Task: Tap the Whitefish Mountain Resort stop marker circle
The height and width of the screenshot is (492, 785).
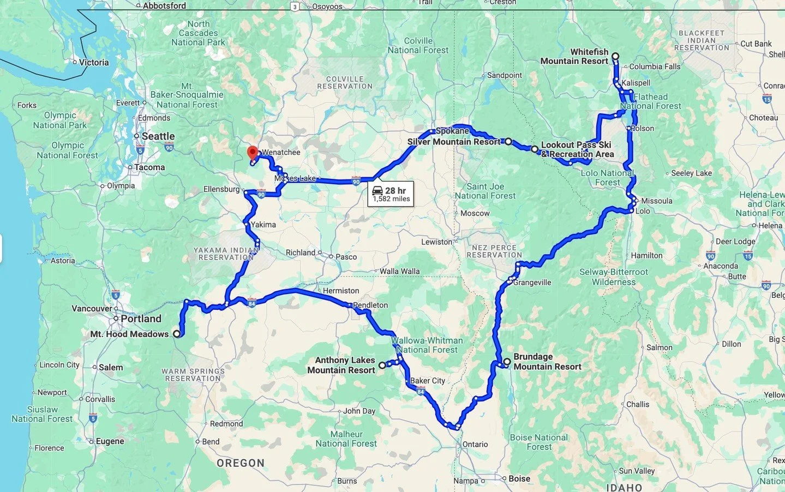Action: coord(615,56)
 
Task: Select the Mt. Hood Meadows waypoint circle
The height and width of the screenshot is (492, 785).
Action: coord(177,334)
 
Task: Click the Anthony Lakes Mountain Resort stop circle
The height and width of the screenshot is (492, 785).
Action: coord(382,365)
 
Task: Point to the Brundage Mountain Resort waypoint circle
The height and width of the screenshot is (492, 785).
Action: coord(507,362)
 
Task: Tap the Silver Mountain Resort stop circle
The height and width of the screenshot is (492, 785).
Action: coord(508,141)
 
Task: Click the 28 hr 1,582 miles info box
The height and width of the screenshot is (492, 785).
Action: coord(391,194)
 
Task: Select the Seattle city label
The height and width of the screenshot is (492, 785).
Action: coord(158,136)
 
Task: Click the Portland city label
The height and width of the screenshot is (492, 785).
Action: coord(141,319)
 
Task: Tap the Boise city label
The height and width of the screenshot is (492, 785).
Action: coord(519,478)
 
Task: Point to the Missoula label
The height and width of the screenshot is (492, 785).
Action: coord(656,201)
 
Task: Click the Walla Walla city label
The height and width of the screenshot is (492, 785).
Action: coord(399,271)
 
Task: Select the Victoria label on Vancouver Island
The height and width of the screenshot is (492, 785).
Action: coord(94,62)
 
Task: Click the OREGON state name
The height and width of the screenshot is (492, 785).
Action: coord(241,463)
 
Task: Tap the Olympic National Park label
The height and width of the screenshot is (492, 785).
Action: coord(60,120)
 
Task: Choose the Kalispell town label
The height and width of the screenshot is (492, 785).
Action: coord(636,83)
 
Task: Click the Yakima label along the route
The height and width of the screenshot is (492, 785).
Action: coord(263,224)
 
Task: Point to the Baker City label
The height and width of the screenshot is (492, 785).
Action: coord(428,381)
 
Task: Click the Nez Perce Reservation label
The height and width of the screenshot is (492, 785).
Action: coord(494,251)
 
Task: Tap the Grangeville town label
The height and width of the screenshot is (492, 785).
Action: coord(532,283)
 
